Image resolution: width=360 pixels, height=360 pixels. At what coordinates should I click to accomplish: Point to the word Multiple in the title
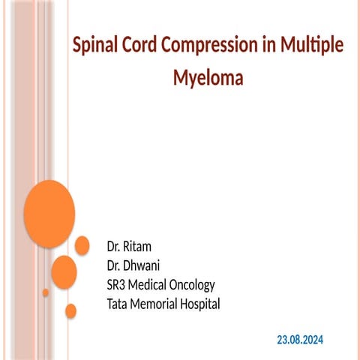[313, 46]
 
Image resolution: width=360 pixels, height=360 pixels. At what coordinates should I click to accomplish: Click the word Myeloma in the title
[208, 76]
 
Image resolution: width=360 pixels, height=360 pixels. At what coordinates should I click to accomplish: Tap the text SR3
[119, 285]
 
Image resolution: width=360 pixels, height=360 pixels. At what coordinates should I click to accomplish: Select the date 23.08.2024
[300, 340]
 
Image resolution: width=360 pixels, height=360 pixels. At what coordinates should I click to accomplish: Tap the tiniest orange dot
[46, 292]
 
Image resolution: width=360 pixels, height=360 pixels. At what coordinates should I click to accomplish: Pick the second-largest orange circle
[64, 271]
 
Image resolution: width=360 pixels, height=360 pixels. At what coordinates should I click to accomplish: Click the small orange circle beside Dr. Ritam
[82, 245]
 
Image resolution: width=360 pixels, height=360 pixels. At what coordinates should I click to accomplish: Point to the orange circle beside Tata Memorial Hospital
[71, 310]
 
